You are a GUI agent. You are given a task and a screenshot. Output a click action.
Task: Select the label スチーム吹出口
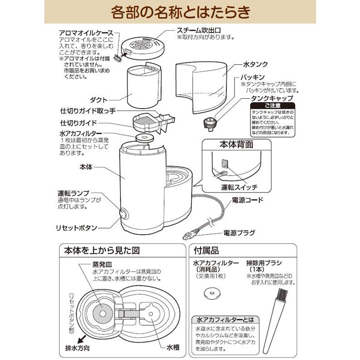[x=198, y=30]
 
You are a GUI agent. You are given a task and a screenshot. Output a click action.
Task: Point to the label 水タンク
[x=251, y=64]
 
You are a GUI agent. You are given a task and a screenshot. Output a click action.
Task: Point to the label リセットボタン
[x=78, y=228]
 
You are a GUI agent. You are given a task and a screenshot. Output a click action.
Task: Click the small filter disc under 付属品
[x=211, y=293]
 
